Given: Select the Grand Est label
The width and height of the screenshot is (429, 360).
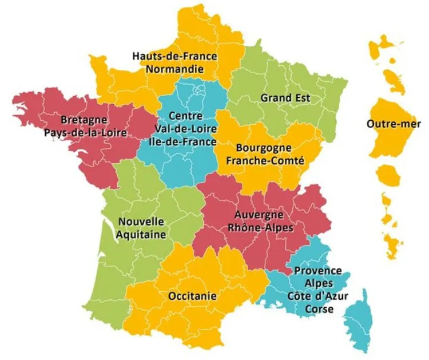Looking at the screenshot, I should [285, 98].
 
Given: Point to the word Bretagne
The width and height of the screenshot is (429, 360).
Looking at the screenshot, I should [84, 120].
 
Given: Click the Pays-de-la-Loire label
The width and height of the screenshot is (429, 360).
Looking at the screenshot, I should [84, 133].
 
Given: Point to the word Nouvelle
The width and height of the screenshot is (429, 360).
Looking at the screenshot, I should [141, 221].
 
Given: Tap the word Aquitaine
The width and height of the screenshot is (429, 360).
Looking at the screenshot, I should [141, 234].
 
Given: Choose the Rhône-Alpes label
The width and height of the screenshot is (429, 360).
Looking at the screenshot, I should [260, 227].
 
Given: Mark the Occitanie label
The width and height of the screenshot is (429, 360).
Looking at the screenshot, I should [193, 296].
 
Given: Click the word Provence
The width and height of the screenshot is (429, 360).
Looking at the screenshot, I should [318, 271].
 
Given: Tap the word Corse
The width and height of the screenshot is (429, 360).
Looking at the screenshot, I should [319, 308].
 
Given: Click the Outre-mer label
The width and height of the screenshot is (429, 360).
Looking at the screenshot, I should [394, 124].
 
